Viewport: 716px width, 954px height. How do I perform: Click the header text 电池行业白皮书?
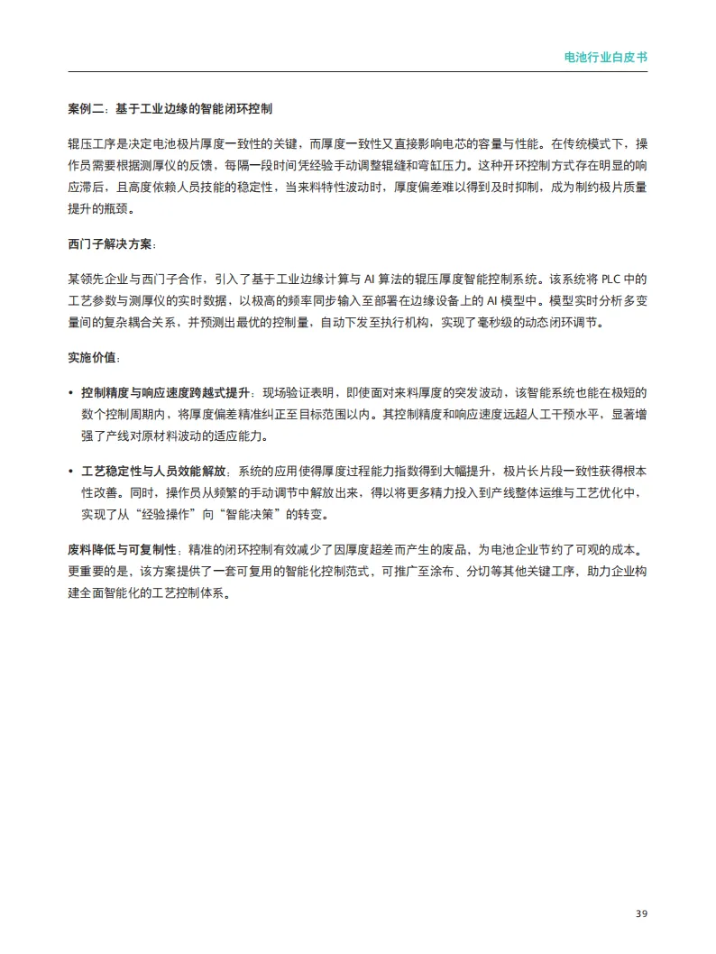pyautogui.click(x=605, y=56)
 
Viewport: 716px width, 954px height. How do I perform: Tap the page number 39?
pyautogui.click(x=641, y=913)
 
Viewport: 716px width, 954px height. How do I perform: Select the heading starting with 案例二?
pyautogui.click(x=170, y=109)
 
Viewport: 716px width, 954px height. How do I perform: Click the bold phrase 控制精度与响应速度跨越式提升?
pyautogui.click(x=165, y=394)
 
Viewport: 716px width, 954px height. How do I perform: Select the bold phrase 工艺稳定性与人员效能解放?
pyautogui.click(x=153, y=472)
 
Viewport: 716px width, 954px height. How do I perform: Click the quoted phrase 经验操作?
pyautogui.click(x=188, y=516)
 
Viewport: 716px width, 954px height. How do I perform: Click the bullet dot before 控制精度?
pyautogui.click(x=71, y=394)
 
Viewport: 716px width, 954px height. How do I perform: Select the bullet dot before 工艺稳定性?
pyautogui.click(x=71, y=472)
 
